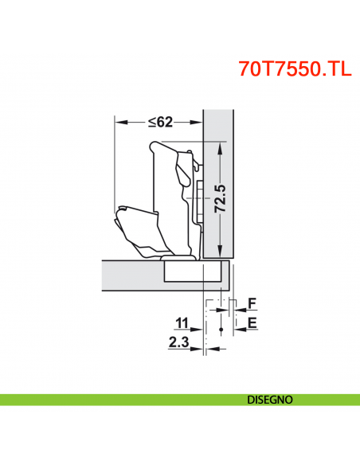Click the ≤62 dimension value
click(x=159, y=122)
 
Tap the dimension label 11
click(x=182, y=323)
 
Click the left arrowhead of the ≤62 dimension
click(x=119, y=122)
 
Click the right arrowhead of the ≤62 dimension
click(x=198, y=122)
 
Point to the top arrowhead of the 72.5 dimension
click(x=220, y=146)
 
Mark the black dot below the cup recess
click(x=217, y=327)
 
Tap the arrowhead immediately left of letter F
click(x=236, y=303)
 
